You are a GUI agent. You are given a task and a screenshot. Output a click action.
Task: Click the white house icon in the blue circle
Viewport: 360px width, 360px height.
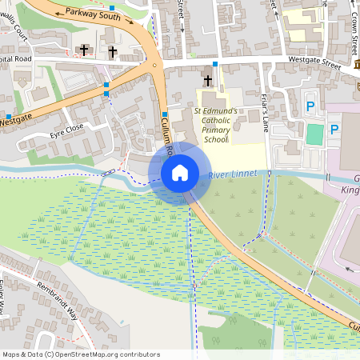click(x=180, y=172)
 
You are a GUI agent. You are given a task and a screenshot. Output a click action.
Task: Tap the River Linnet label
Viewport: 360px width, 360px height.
click(x=234, y=174)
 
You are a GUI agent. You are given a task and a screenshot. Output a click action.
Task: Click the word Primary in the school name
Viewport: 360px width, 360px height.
click(x=215, y=128)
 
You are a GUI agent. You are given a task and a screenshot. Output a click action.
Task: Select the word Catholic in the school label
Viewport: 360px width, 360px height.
click(x=215, y=118)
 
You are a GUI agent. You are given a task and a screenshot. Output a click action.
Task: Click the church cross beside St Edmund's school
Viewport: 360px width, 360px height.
click(x=208, y=80)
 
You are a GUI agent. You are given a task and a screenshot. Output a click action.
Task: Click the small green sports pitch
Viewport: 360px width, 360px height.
click(x=315, y=134)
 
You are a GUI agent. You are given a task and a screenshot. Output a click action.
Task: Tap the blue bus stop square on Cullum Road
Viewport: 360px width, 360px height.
click(x=164, y=114)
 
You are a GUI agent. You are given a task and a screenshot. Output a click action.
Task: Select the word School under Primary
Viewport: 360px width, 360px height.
click(x=215, y=138)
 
